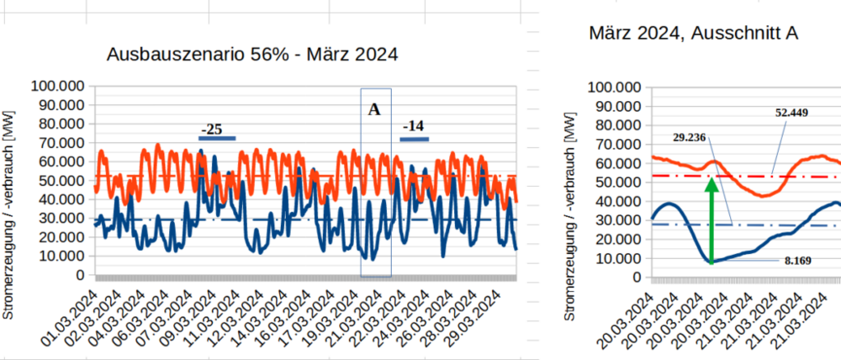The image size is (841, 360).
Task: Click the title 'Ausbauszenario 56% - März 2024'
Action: click(x=251, y=55)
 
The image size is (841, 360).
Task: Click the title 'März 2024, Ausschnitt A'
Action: click(x=694, y=34)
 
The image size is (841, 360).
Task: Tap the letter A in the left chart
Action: click(x=374, y=109)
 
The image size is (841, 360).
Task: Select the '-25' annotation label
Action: click(x=211, y=130)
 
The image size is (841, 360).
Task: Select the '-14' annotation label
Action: click(x=413, y=126)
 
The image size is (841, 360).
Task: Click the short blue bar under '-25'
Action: click(x=218, y=138)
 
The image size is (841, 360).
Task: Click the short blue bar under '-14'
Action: click(x=414, y=138)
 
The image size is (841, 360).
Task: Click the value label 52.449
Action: click(x=791, y=113)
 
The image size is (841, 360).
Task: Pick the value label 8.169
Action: click(x=796, y=262)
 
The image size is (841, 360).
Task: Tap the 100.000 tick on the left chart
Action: click(x=56, y=86)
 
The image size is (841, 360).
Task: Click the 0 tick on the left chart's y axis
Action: click(x=80, y=275)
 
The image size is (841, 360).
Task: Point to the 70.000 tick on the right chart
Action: click(x=616, y=144)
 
